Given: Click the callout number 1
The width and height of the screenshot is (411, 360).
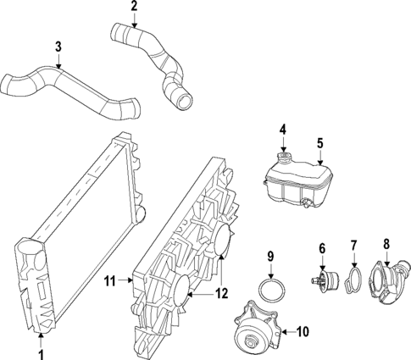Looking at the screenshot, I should (x=41, y=350).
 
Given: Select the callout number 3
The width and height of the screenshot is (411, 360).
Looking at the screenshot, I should (x=58, y=47).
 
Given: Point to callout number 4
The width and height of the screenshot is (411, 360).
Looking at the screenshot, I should (x=284, y=130).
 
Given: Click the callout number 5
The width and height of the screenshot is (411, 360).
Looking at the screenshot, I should (x=319, y=143).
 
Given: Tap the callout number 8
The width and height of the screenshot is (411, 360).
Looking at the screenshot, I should (x=386, y=244).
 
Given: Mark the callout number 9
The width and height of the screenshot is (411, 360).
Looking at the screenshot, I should (x=271, y=257).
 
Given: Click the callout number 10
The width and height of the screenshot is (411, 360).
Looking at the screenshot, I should (x=304, y=331).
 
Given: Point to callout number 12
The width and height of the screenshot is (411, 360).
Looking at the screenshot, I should (x=223, y=294).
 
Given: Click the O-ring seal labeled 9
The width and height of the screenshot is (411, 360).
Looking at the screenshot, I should (x=271, y=290).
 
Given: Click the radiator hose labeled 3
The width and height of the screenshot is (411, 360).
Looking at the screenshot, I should (x=76, y=89).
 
